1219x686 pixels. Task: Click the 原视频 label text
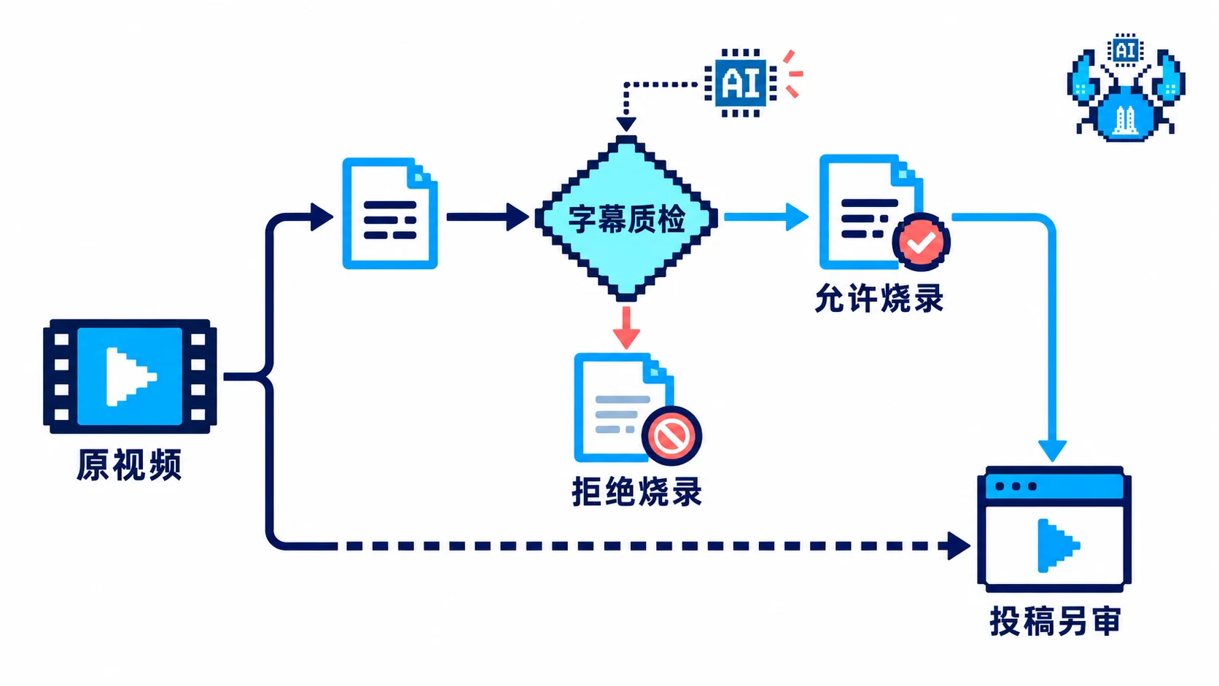pos(129,465)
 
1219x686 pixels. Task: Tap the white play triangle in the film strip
pos(130,376)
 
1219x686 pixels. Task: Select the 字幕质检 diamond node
pos(626,219)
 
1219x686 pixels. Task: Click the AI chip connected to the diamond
pos(740,82)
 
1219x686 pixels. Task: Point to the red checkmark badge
pos(921,242)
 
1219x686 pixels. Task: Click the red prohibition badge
pos(671,436)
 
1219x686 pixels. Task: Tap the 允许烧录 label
pos(879,298)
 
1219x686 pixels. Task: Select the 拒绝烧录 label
pos(636,492)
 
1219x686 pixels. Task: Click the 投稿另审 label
pos(1055,620)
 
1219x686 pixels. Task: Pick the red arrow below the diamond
pos(626,327)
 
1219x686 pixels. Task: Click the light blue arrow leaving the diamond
pos(766,217)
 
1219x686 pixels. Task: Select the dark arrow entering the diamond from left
pos(488,217)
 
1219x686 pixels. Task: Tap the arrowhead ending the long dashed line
pos(958,545)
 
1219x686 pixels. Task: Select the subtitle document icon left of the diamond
pos(389,214)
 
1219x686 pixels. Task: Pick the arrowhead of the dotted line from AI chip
pos(626,123)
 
